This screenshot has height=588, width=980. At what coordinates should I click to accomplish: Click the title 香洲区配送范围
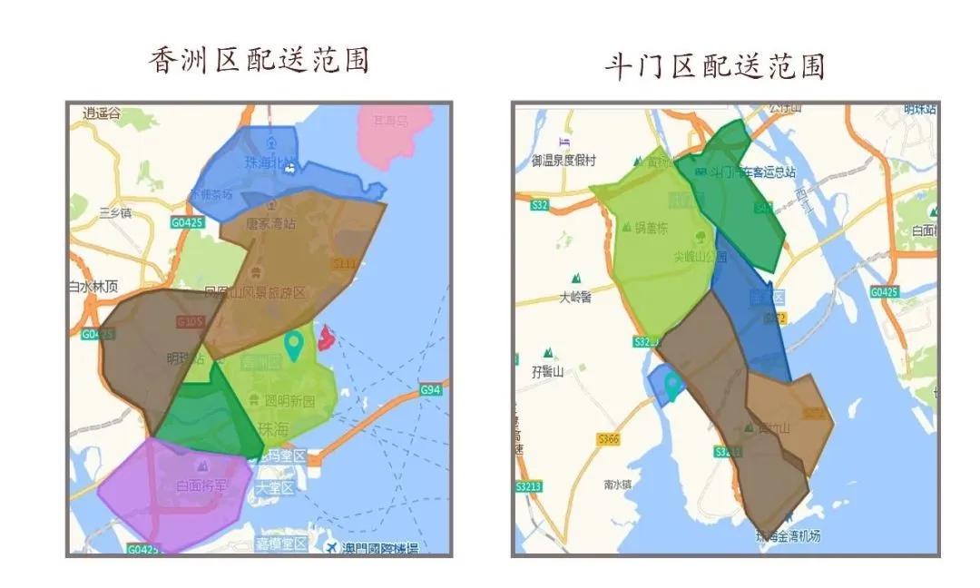click(x=260, y=61)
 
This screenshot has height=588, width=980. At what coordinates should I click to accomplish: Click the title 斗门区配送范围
click(x=715, y=65)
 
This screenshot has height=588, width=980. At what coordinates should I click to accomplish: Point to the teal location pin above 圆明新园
click(x=293, y=345)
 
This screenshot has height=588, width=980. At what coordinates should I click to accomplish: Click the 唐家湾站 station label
click(x=271, y=221)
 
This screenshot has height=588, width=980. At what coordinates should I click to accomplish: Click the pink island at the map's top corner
click(x=385, y=127)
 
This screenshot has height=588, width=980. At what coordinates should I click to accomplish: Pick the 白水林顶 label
click(x=93, y=286)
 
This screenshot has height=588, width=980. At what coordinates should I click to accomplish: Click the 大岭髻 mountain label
click(x=575, y=296)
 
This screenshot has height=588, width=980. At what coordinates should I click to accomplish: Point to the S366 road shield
click(x=608, y=439)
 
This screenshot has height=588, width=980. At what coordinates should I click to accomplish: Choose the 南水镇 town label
click(x=618, y=485)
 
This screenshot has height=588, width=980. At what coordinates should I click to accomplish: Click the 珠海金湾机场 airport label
click(x=788, y=536)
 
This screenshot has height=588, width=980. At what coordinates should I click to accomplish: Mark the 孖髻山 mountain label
click(x=548, y=371)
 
